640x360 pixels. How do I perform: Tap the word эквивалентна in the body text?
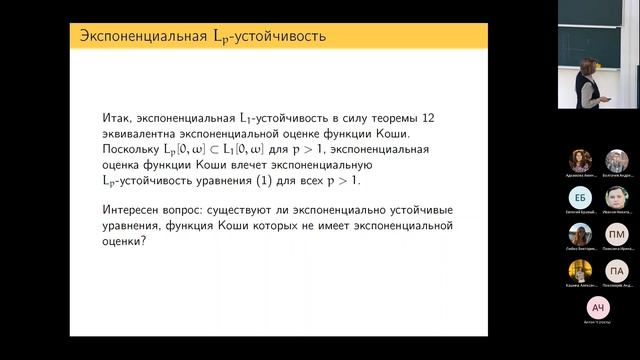pos(141,134)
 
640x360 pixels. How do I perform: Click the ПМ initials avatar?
pos(617,235)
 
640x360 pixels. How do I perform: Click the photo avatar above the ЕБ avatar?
pos(581,161)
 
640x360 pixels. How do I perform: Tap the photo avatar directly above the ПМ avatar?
pos(617,198)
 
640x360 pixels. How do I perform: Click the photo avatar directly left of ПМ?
pos(581,235)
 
